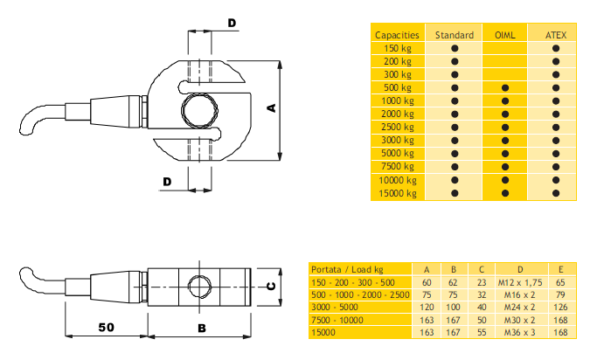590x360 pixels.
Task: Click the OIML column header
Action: [x=504, y=35]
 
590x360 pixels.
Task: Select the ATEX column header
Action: [x=556, y=35]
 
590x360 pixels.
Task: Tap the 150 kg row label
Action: [x=398, y=49]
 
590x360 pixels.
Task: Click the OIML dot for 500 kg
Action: [x=505, y=88]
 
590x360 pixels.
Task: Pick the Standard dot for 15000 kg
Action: [x=455, y=193]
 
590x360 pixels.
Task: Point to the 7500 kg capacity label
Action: [x=398, y=167]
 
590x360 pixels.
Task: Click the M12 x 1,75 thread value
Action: [x=520, y=283]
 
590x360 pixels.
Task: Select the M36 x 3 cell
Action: [x=519, y=333]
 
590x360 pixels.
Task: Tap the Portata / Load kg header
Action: [x=347, y=270]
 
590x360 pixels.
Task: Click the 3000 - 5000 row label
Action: [x=335, y=308]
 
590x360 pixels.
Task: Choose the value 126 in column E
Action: [x=560, y=308]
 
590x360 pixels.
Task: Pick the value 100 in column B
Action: [x=453, y=308]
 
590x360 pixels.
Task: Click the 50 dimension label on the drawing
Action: [x=106, y=328]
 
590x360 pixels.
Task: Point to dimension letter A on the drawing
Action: [x=271, y=108]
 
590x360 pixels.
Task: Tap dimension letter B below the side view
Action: [x=202, y=329]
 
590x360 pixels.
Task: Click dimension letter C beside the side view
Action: [x=271, y=287]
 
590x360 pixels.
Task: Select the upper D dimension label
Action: [x=233, y=24]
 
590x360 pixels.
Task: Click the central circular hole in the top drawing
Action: [x=199, y=110]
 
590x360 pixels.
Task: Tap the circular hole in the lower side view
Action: [x=199, y=287]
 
